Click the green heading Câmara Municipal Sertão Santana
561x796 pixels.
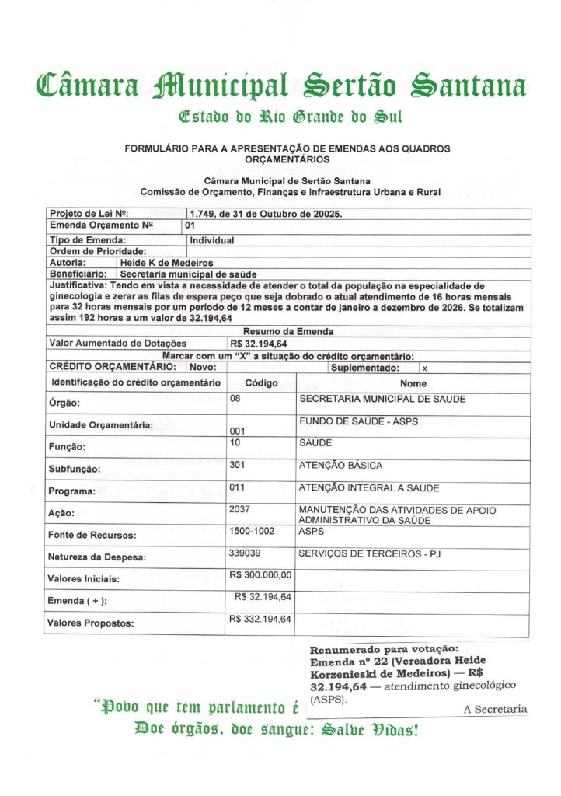[x=280, y=85]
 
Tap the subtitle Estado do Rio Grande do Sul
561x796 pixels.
[x=280, y=118]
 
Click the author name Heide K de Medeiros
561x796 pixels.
[x=166, y=263]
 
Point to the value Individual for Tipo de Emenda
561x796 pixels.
[x=211, y=240]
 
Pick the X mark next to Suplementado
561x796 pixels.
[x=424, y=367]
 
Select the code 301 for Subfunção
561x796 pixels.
[x=240, y=465]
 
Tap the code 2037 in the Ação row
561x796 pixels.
[x=242, y=509]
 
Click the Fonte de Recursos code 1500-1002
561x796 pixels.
[x=253, y=532]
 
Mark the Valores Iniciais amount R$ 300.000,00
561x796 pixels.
[x=261, y=575]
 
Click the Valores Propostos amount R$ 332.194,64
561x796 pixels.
[x=261, y=619]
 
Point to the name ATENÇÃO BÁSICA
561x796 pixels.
[x=340, y=466]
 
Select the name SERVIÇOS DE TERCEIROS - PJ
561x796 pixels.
[x=370, y=554]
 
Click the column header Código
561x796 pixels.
[x=261, y=383]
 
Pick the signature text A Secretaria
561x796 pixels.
[x=495, y=709]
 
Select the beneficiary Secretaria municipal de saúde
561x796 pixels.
[x=189, y=274]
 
